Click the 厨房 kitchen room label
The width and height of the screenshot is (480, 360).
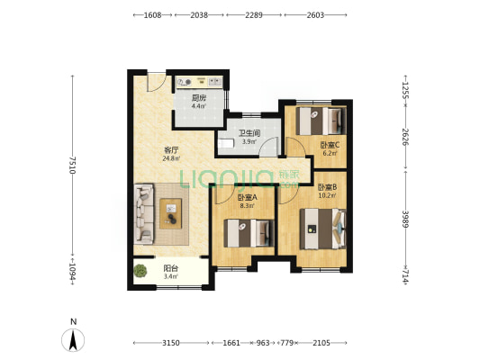pos(199,98)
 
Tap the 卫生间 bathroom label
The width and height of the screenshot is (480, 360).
pos(249,133)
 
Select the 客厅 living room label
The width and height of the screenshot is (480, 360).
pos(171,150)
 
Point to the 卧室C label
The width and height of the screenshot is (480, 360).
pos(330,145)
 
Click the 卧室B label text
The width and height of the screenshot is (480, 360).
pos(327,187)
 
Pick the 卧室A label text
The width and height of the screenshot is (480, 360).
pos(248,198)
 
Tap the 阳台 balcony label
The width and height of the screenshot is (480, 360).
pos(170,268)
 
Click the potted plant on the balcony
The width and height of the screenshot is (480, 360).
pos(140,271)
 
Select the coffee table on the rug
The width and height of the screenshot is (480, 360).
pos(170,213)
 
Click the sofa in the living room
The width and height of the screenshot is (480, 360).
pos(144,213)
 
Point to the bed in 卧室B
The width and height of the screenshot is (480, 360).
pos(322,229)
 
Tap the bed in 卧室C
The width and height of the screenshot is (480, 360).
pos(321,121)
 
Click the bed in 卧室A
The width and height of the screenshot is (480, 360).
pos(249,233)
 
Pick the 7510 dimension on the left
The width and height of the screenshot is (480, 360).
pos(72,166)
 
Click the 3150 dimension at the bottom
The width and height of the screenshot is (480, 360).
pos(171,343)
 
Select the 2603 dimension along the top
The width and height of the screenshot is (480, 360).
pos(315,15)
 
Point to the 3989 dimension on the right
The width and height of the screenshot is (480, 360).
pos(405,219)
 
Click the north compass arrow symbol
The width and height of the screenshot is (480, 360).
pos(73,340)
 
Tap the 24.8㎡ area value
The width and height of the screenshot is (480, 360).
pos(171,158)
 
